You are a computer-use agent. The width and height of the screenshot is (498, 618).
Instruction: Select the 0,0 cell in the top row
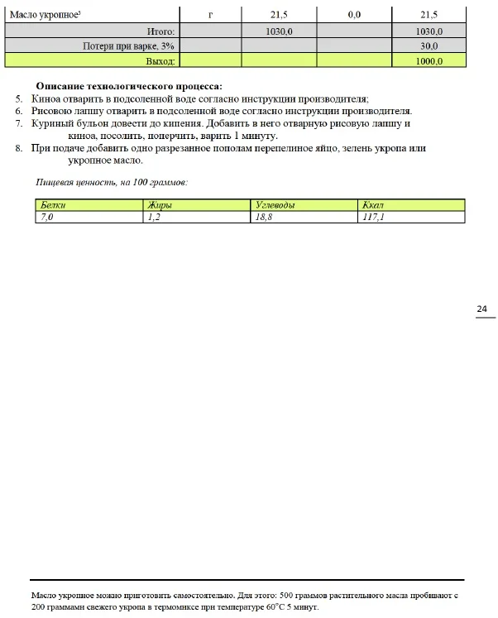[x=354, y=15]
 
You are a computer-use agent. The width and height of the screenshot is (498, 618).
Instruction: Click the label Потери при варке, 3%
[x=128, y=46]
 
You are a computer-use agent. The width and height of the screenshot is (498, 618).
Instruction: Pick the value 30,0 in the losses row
[x=429, y=46]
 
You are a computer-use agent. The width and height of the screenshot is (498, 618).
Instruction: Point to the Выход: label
[x=160, y=60]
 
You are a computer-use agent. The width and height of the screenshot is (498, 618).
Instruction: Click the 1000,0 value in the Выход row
[x=429, y=60]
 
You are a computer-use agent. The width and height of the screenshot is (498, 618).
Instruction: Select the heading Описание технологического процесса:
[x=129, y=86]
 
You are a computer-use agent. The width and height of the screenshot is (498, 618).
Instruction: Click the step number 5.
[x=18, y=98]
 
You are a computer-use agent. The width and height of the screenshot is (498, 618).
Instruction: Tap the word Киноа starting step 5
[x=45, y=98]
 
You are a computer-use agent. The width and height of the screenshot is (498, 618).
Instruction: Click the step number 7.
[x=18, y=123]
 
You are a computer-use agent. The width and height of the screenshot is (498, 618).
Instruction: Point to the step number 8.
[x=18, y=148]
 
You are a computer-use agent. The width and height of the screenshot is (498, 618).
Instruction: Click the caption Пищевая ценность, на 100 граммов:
[x=112, y=180]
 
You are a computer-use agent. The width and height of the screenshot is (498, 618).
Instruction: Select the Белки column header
[x=53, y=204]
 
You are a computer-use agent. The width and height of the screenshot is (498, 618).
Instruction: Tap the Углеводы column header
[x=275, y=204]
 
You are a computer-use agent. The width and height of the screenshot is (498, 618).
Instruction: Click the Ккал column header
[x=373, y=204]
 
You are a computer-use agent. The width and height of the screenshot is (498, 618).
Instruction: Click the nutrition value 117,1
[x=374, y=216]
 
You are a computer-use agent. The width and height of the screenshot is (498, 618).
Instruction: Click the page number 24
[x=481, y=309]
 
